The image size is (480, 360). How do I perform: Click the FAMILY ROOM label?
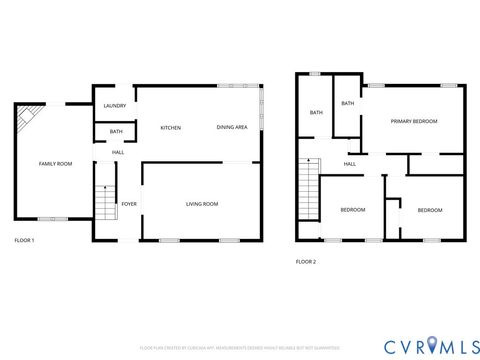pyautogui.click(x=55, y=163)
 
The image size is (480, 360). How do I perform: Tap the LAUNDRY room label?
pyautogui.click(x=114, y=105)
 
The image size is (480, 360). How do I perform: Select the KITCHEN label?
pyautogui.click(x=170, y=128)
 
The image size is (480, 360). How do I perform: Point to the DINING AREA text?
pyautogui.click(x=233, y=128)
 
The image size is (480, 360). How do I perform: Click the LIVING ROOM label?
pyautogui.click(x=202, y=204)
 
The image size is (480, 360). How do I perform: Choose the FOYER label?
pyautogui.click(x=129, y=204)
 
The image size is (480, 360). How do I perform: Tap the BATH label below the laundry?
pyautogui.click(x=116, y=132)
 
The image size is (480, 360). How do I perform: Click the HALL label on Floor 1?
pyautogui.click(x=118, y=152)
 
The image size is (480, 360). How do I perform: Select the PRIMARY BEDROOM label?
pyautogui.click(x=414, y=120)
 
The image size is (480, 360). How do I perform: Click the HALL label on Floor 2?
pyautogui.click(x=350, y=164)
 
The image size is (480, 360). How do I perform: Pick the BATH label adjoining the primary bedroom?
pyautogui.click(x=347, y=103)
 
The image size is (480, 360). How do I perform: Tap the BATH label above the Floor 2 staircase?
pyautogui.click(x=316, y=113)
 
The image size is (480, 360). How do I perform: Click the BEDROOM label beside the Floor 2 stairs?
pyautogui.click(x=352, y=210)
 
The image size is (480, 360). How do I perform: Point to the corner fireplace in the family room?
pyautogui.click(x=25, y=120)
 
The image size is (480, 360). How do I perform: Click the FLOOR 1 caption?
pyautogui.click(x=24, y=241)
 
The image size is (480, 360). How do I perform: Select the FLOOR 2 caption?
pyautogui.click(x=305, y=262)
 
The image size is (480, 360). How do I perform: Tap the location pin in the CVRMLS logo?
pyautogui.click(x=431, y=345)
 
